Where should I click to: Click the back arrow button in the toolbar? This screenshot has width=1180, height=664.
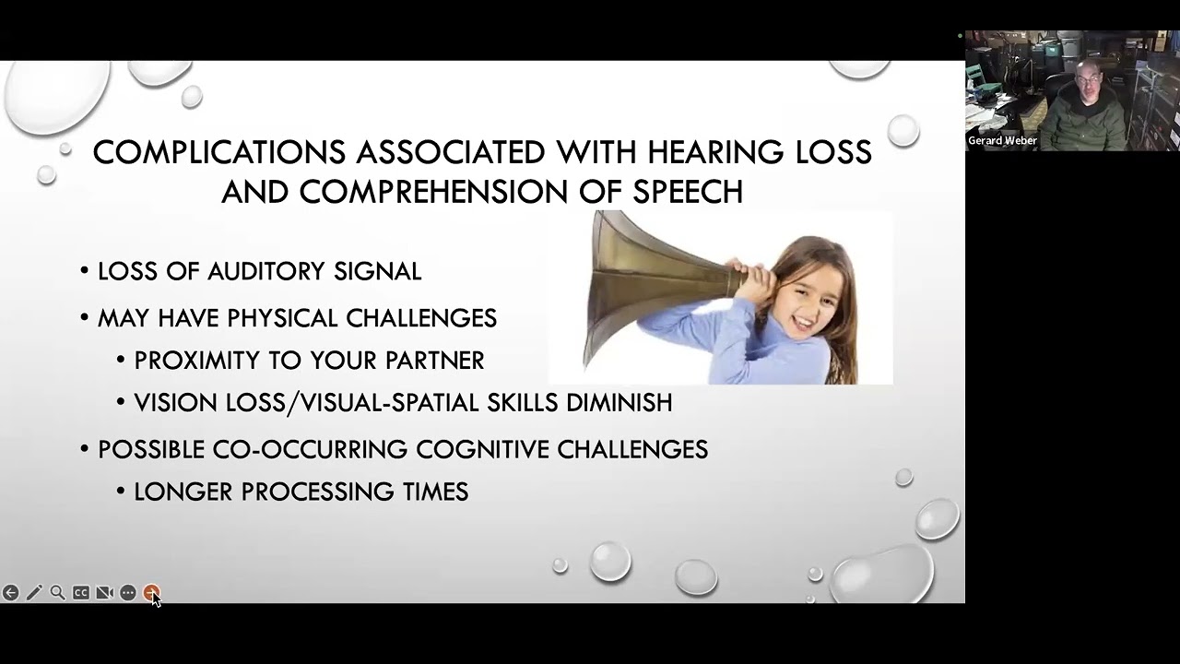(10, 593)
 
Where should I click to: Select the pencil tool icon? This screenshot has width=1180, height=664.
(34, 593)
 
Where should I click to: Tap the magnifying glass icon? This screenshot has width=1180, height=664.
(57, 593)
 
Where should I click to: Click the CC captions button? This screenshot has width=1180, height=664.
(81, 593)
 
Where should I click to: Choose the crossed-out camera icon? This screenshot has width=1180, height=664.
(104, 593)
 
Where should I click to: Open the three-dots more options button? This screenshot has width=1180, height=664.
(128, 593)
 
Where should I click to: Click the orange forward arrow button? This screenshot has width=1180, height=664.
(151, 593)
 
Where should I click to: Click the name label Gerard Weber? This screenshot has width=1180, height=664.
(1002, 141)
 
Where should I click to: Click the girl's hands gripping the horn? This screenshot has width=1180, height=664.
(743, 275)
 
